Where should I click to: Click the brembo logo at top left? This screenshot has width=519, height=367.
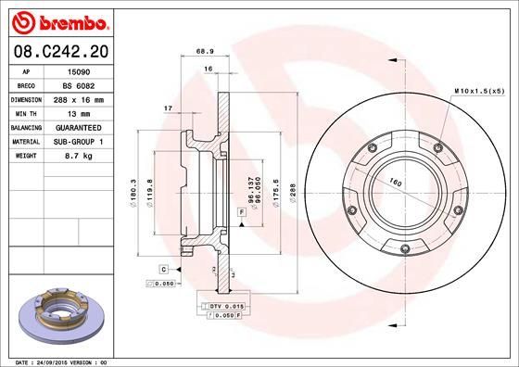click(x=58, y=19)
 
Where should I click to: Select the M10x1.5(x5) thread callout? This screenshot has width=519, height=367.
click(x=477, y=91)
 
